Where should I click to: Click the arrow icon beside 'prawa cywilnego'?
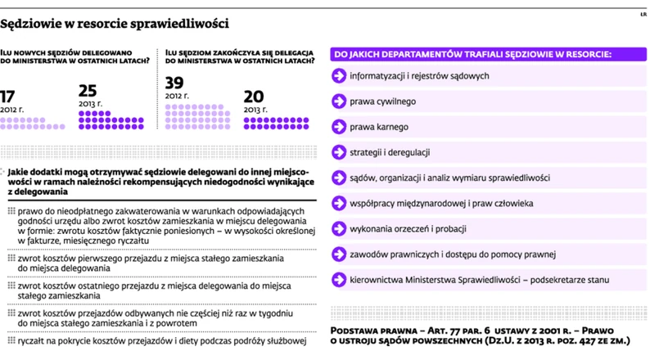(336, 101)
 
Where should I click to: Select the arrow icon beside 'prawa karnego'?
(336, 127)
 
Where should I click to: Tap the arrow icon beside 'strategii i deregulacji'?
(336, 152)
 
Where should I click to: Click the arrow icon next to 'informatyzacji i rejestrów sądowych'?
(336, 76)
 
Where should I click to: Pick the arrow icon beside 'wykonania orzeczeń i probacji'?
(336, 228)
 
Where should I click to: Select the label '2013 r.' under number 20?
(256, 109)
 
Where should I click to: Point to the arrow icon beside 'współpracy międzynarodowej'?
(336, 203)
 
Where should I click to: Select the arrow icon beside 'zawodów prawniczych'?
(336, 254)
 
